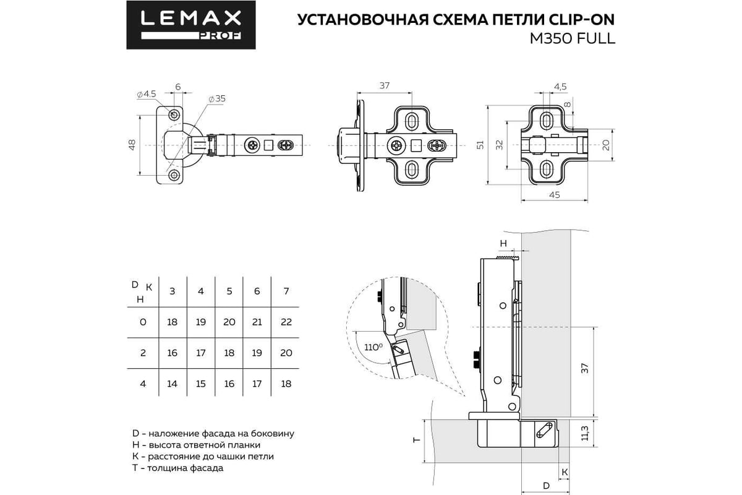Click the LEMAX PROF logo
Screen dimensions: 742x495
pyautogui.click(x=191, y=25)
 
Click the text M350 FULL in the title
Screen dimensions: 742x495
pyautogui.click(x=573, y=39)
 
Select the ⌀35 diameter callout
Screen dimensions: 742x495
pyautogui.click(x=217, y=99)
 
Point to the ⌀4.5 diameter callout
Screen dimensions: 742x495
pyautogui.click(x=147, y=94)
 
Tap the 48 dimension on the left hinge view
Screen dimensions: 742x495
pyautogui.click(x=132, y=145)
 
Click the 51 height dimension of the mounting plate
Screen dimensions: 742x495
pyautogui.click(x=480, y=145)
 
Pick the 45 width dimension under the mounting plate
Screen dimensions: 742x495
pyautogui.click(x=555, y=195)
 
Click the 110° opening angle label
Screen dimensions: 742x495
pyautogui.click(x=373, y=348)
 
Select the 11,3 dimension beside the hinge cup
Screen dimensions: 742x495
pyautogui.click(x=585, y=433)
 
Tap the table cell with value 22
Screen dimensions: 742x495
pyautogui.click(x=286, y=322)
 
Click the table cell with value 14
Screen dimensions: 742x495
pyautogui.click(x=173, y=384)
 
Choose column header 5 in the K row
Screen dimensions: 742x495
pyautogui.click(x=229, y=291)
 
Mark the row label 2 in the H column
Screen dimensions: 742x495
pyautogui.click(x=143, y=353)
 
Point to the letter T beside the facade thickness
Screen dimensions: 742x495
pyautogui.click(x=417, y=440)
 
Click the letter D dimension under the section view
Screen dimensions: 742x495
pyautogui.click(x=546, y=486)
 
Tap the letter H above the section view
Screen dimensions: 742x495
pyautogui.click(x=503, y=243)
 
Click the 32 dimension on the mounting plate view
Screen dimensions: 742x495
pyautogui.click(x=499, y=145)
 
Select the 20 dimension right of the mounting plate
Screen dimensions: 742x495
pyautogui.click(x=605, y=145)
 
